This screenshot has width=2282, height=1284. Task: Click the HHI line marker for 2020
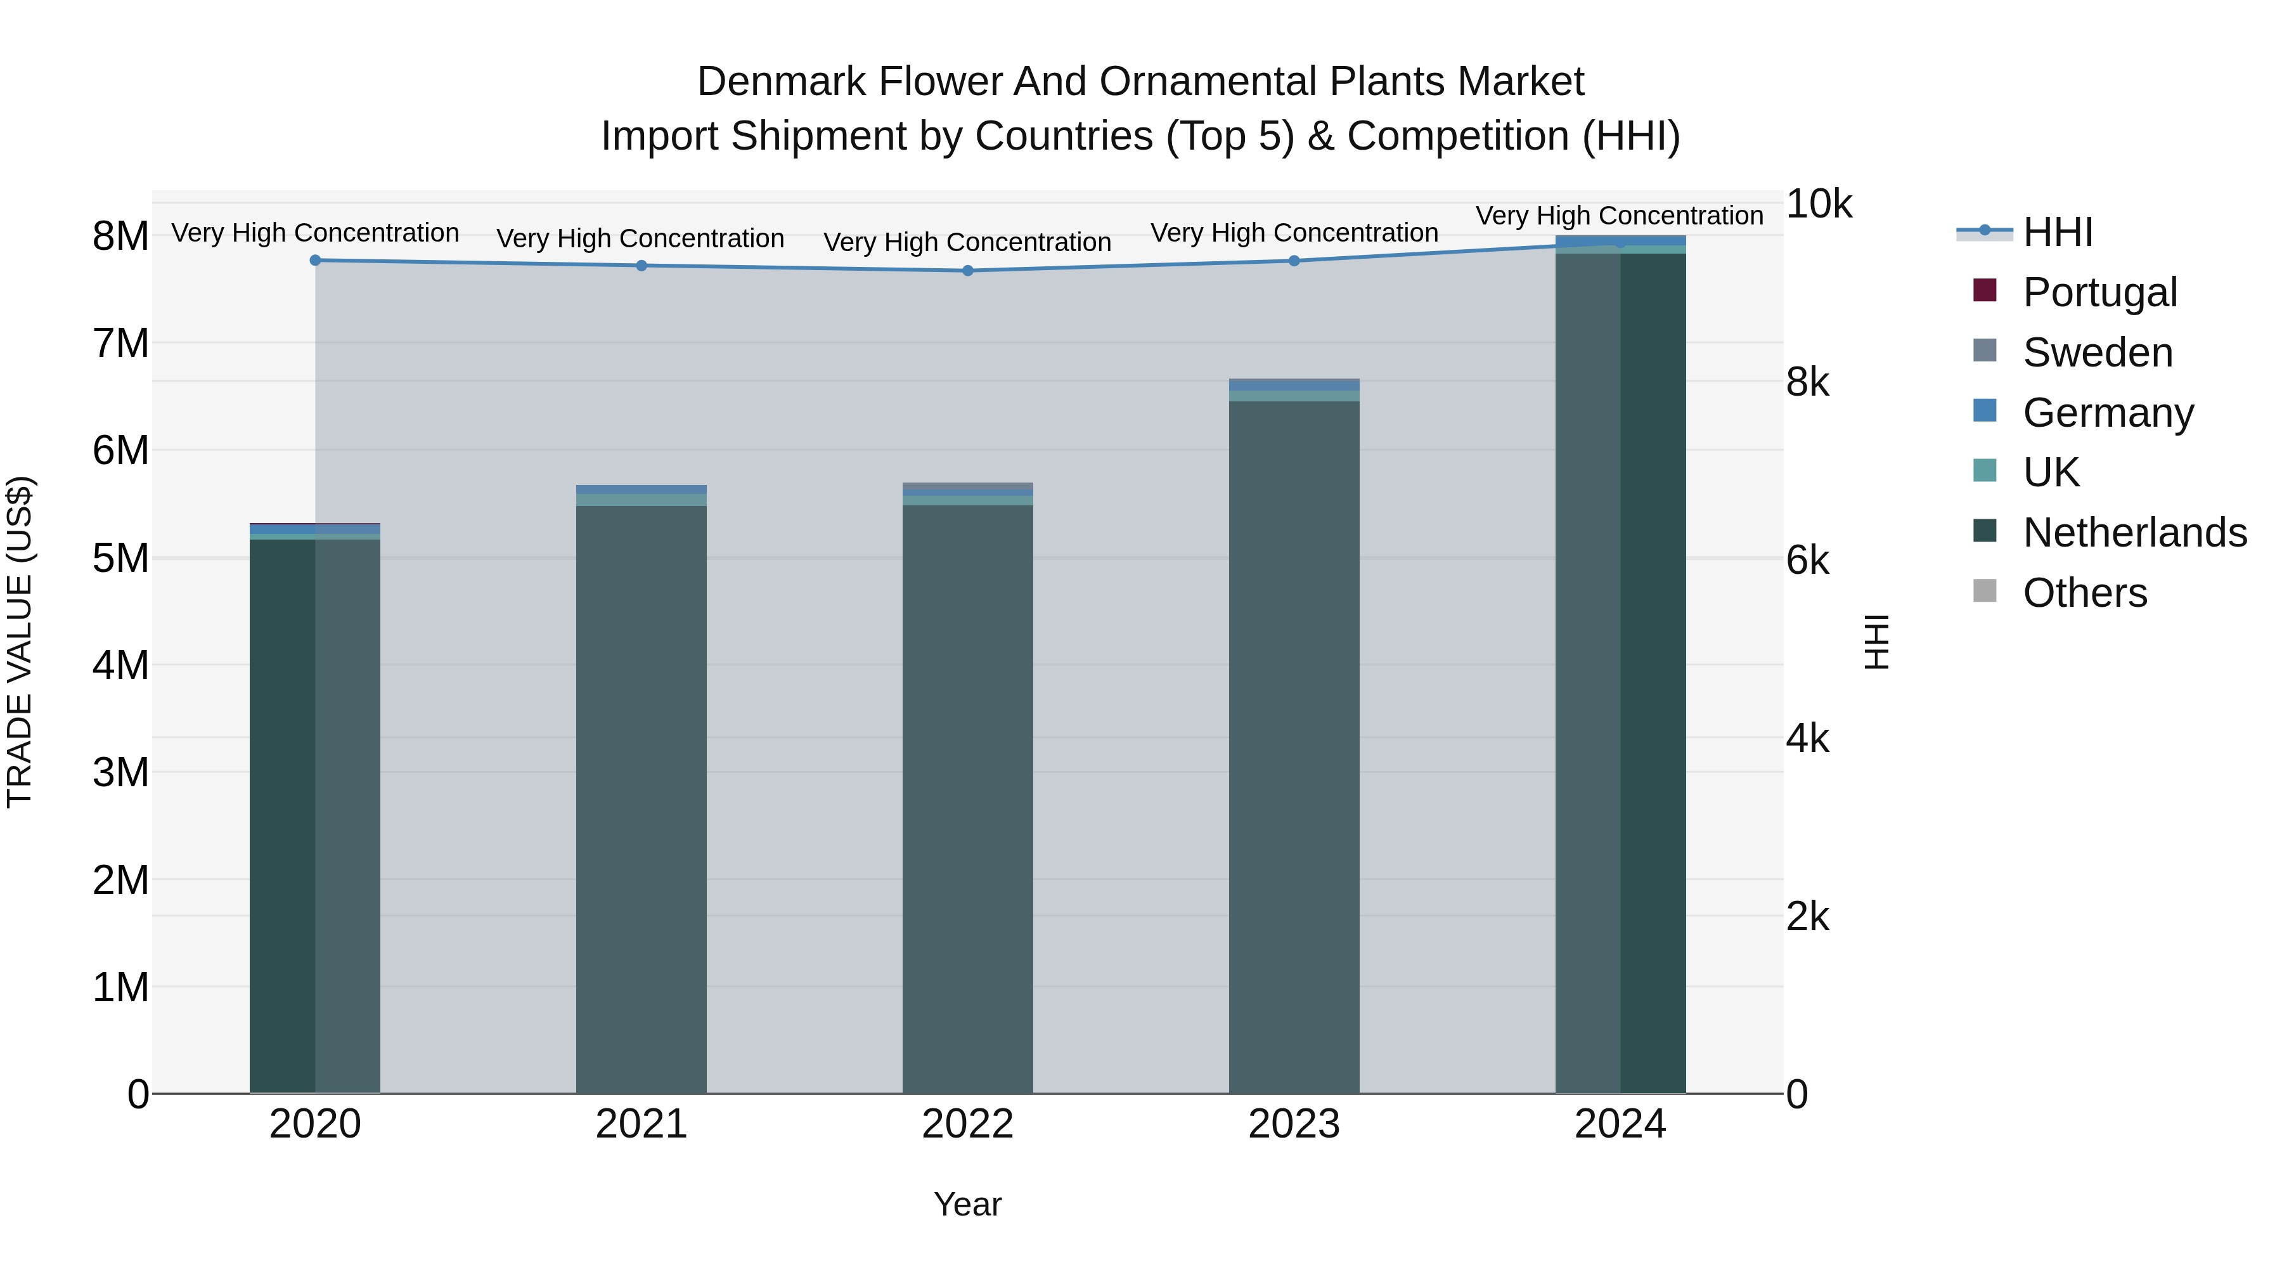(316, 261)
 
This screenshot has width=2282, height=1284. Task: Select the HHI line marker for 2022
(967, 270)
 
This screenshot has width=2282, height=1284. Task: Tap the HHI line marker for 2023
(1294, 261)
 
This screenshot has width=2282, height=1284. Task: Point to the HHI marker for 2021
(641, 266)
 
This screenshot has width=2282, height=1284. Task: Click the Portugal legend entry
(2099, 292)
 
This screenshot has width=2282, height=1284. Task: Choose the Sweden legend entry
(2097, 353)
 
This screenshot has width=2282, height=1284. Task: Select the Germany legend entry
(2108, 413)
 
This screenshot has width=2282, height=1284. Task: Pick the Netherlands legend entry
(2134, 533)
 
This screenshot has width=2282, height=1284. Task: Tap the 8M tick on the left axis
(120, 237)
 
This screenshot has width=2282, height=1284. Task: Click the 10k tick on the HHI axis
(1818, 205)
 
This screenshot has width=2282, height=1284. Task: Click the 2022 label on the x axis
(967, 1124)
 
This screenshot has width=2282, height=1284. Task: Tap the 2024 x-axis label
(1620, 1124)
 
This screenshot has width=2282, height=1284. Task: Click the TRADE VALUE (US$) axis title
(20, 642)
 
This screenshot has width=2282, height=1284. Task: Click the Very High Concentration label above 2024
(1620, 216)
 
